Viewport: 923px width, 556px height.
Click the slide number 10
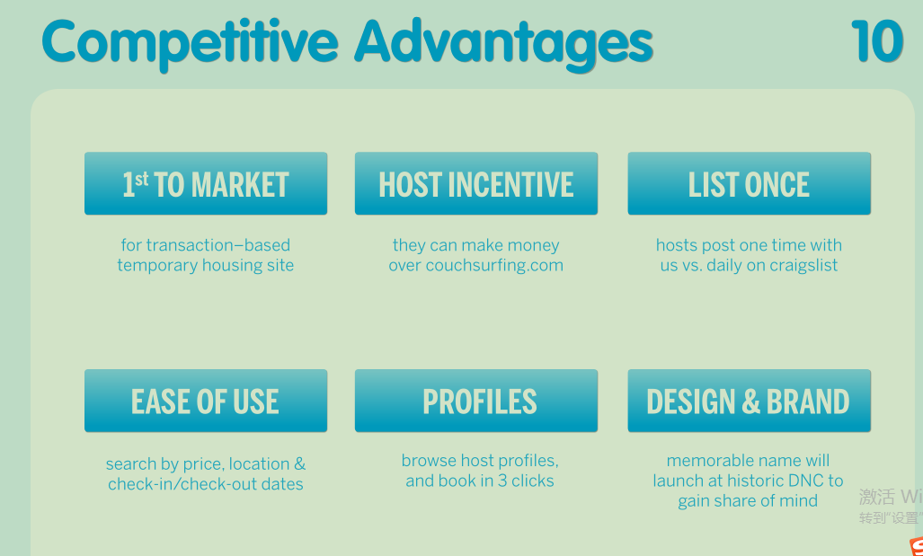tap(876, 41)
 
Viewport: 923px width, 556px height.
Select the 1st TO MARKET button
tap(206, 183)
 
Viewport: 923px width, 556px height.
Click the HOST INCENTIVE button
tap(475, 183)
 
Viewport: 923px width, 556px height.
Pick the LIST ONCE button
tap(749, 183)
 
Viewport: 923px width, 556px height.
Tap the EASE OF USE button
tap(206, 401)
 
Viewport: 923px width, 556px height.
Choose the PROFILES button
tap(475, 401)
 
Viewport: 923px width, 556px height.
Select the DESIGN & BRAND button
tap(749, 401)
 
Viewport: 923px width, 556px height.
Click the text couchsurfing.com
tap(494, 266)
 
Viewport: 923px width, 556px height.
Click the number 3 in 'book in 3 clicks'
tap(502, 481)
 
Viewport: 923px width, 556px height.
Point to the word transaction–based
tap(218, 245)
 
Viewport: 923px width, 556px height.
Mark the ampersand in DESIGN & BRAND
tap(750, 402)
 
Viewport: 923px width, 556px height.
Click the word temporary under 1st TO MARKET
tap(157, 266)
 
